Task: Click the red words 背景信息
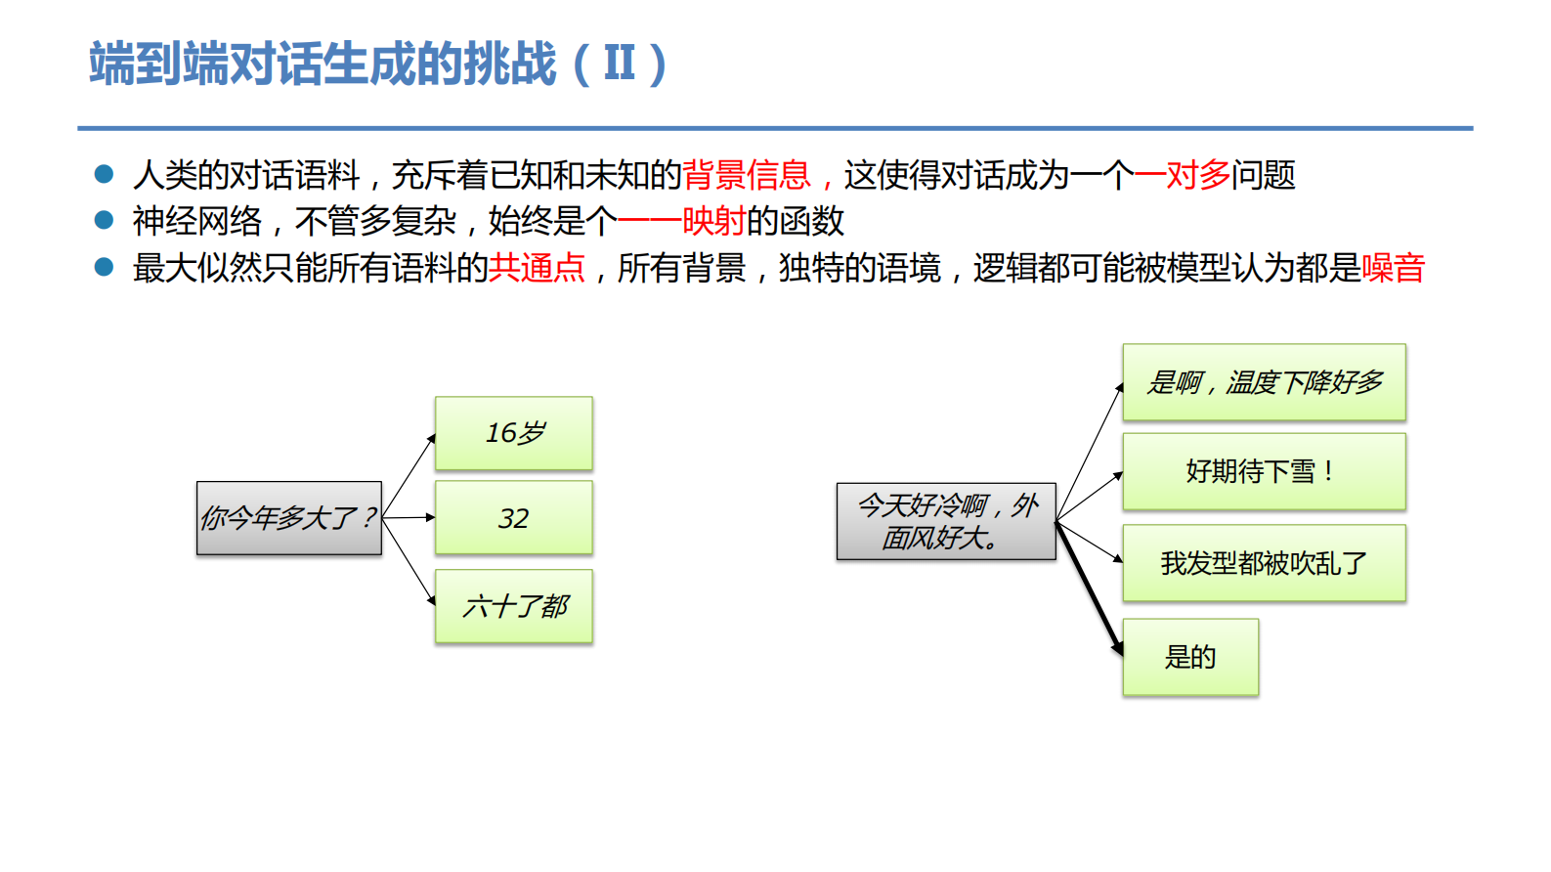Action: click(747, 175)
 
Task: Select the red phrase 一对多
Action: click(1182, 175)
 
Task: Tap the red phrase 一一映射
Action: click(681, 221)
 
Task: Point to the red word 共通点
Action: click(537, 268)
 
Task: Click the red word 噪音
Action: click(1393, 268)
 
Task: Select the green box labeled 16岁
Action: click(514, 433)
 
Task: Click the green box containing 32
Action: click(514, 518)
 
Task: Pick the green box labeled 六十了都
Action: click(514, 606)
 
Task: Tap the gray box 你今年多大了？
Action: click(289, 518)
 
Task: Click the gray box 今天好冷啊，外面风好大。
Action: click(946, 521)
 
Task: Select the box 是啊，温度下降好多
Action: click(1264, 382)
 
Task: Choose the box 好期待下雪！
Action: click(1264, 472)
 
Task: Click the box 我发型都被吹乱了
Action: click(1264, 563)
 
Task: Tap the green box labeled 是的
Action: click(1190, 657)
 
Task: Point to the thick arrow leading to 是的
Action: click(1090, 589)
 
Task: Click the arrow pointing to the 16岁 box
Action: click(409, 475)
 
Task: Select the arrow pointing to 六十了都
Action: click(409, 562)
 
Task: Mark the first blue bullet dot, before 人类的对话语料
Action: click(104, 174)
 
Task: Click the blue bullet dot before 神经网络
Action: click(104, 220)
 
